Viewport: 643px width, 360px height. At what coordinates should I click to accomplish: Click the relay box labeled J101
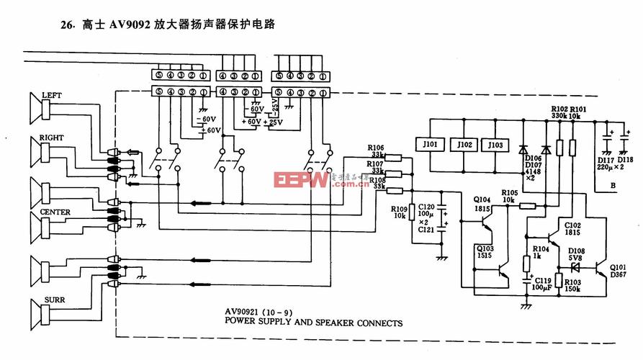(431, 145)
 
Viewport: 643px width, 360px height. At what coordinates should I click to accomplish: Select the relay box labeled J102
(464, 145)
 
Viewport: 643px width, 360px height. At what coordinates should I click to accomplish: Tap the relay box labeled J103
(495, 145)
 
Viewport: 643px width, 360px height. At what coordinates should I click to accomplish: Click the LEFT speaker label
(52, 95)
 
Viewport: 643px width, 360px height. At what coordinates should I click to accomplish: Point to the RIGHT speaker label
(52, 137)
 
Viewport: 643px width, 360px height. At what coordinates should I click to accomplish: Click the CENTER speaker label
(55, 213)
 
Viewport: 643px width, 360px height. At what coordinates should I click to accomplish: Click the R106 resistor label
(376, 148)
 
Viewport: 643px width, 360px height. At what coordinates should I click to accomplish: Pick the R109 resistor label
(399, 209)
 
